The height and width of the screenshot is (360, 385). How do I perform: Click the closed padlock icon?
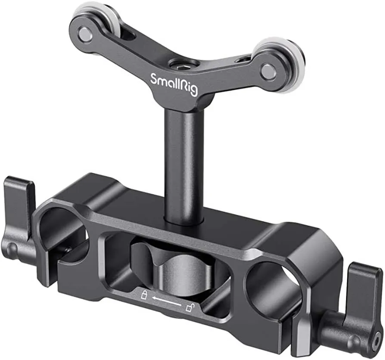click(x=143, y=294)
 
